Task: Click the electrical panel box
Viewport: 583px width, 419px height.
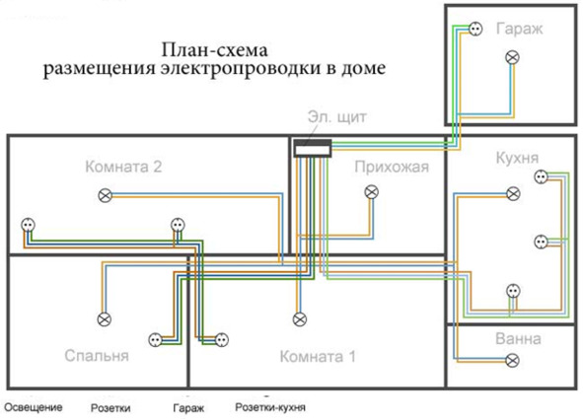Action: pyautogui.click(x=313, y=148)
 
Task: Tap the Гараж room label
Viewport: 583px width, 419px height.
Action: pyautogui.click(x=520, y=29)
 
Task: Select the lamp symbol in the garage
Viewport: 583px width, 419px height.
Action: pyautogui.click(x=512, y=57)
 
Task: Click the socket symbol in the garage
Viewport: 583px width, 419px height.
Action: pyautogui.click(x=475, y=29)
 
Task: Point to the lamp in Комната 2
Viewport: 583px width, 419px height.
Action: pyautogui.click(x=106, y=195)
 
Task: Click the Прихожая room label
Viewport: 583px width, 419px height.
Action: pyautogui.click(x=392, y=167)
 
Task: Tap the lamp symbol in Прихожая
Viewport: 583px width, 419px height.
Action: pyautogui.click(x=372, y=192)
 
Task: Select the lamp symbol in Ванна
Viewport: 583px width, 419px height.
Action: pyautogui.click(x=512, y=360)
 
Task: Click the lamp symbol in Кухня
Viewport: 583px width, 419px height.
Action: pyautogui.click(x=514, y=193)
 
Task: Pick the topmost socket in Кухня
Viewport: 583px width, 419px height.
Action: pyautogui.click(x=541, y=176)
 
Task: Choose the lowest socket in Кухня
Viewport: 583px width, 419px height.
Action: pyautogui.click(x=514, y=291)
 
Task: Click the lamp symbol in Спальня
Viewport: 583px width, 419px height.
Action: pyautogui.click(x=105, y=319)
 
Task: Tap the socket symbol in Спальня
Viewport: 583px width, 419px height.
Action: pyautogui.click(x=155, y=339)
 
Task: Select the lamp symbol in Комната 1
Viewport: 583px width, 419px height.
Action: pyautogui.click(x=300, y=319)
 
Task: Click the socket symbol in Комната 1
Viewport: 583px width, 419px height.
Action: pyautogui.click(x=222, y=339)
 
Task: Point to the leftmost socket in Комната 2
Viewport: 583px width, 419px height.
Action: pyautogui.click(x=29, y=225)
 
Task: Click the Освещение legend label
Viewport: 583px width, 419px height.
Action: pyautogui.click(x=34, y=407)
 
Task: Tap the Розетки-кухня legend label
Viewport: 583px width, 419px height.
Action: pyautogui.click(x=270, y=407)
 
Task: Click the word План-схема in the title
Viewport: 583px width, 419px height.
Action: pyautogui.click(x=214, y=50)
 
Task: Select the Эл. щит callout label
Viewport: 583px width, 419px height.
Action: pyautogui.click(x=337, y=116)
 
